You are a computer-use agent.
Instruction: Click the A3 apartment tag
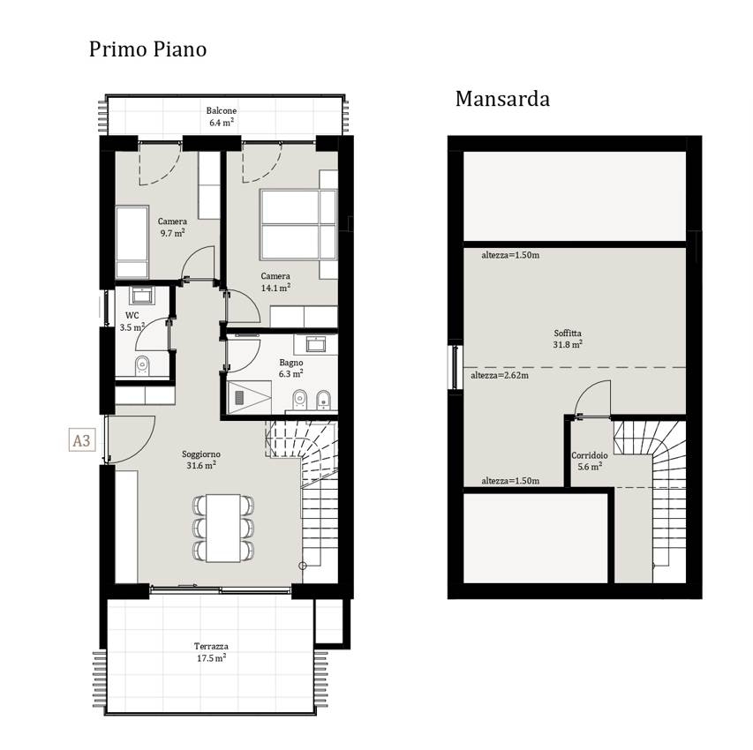[x=81, y=440]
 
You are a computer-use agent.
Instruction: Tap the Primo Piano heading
[x=148, y=49]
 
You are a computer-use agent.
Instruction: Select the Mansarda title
[x=502, y=99]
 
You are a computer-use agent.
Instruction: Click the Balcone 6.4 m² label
[x=222, y=116]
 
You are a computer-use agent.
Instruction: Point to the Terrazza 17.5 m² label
[x=211, y=652]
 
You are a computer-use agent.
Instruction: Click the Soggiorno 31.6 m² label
[x=201, y=460]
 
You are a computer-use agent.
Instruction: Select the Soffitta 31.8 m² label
[x=568, y=339]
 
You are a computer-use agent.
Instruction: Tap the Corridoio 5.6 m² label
[x=589, y=461]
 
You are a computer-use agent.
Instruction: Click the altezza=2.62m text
[x=500, y=376]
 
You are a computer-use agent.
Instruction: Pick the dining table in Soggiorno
[x=223, y=528]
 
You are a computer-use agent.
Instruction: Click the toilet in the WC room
[x=142, y=365]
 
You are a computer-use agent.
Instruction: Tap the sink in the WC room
[x=142, y=296]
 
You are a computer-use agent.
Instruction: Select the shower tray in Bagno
[x=250, y=397]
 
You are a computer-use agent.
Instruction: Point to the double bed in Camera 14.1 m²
[x=297, y=225]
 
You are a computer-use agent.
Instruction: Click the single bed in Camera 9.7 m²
[x=132, y=242]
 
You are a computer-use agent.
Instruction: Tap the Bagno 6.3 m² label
[x=291, y=368]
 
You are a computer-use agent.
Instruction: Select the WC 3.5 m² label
[x=132, y=322]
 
